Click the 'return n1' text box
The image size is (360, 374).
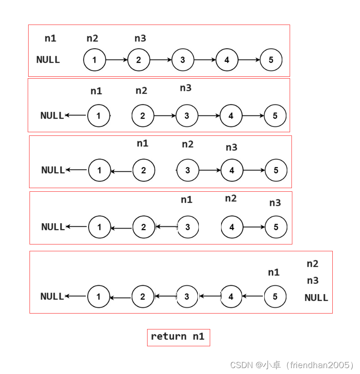178,337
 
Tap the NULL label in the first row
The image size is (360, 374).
48,60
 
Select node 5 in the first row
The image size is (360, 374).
271,60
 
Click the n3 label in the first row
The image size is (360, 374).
140,39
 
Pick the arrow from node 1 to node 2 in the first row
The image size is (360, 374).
117,60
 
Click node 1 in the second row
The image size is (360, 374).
98,115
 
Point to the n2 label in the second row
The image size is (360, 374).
142,91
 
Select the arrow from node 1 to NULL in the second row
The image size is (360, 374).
76,115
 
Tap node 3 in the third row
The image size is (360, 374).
187,170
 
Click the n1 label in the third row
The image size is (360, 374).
143,144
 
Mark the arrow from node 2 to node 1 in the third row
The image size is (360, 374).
121,171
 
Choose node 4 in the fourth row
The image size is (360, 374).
232,227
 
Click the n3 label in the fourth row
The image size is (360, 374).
275,203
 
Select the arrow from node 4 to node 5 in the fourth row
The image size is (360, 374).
254,227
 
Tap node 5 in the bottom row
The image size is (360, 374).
275,297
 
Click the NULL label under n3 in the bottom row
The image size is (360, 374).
316,298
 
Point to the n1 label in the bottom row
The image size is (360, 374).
273,273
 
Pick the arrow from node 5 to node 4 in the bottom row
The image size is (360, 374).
252,297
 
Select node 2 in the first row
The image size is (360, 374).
138,60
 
